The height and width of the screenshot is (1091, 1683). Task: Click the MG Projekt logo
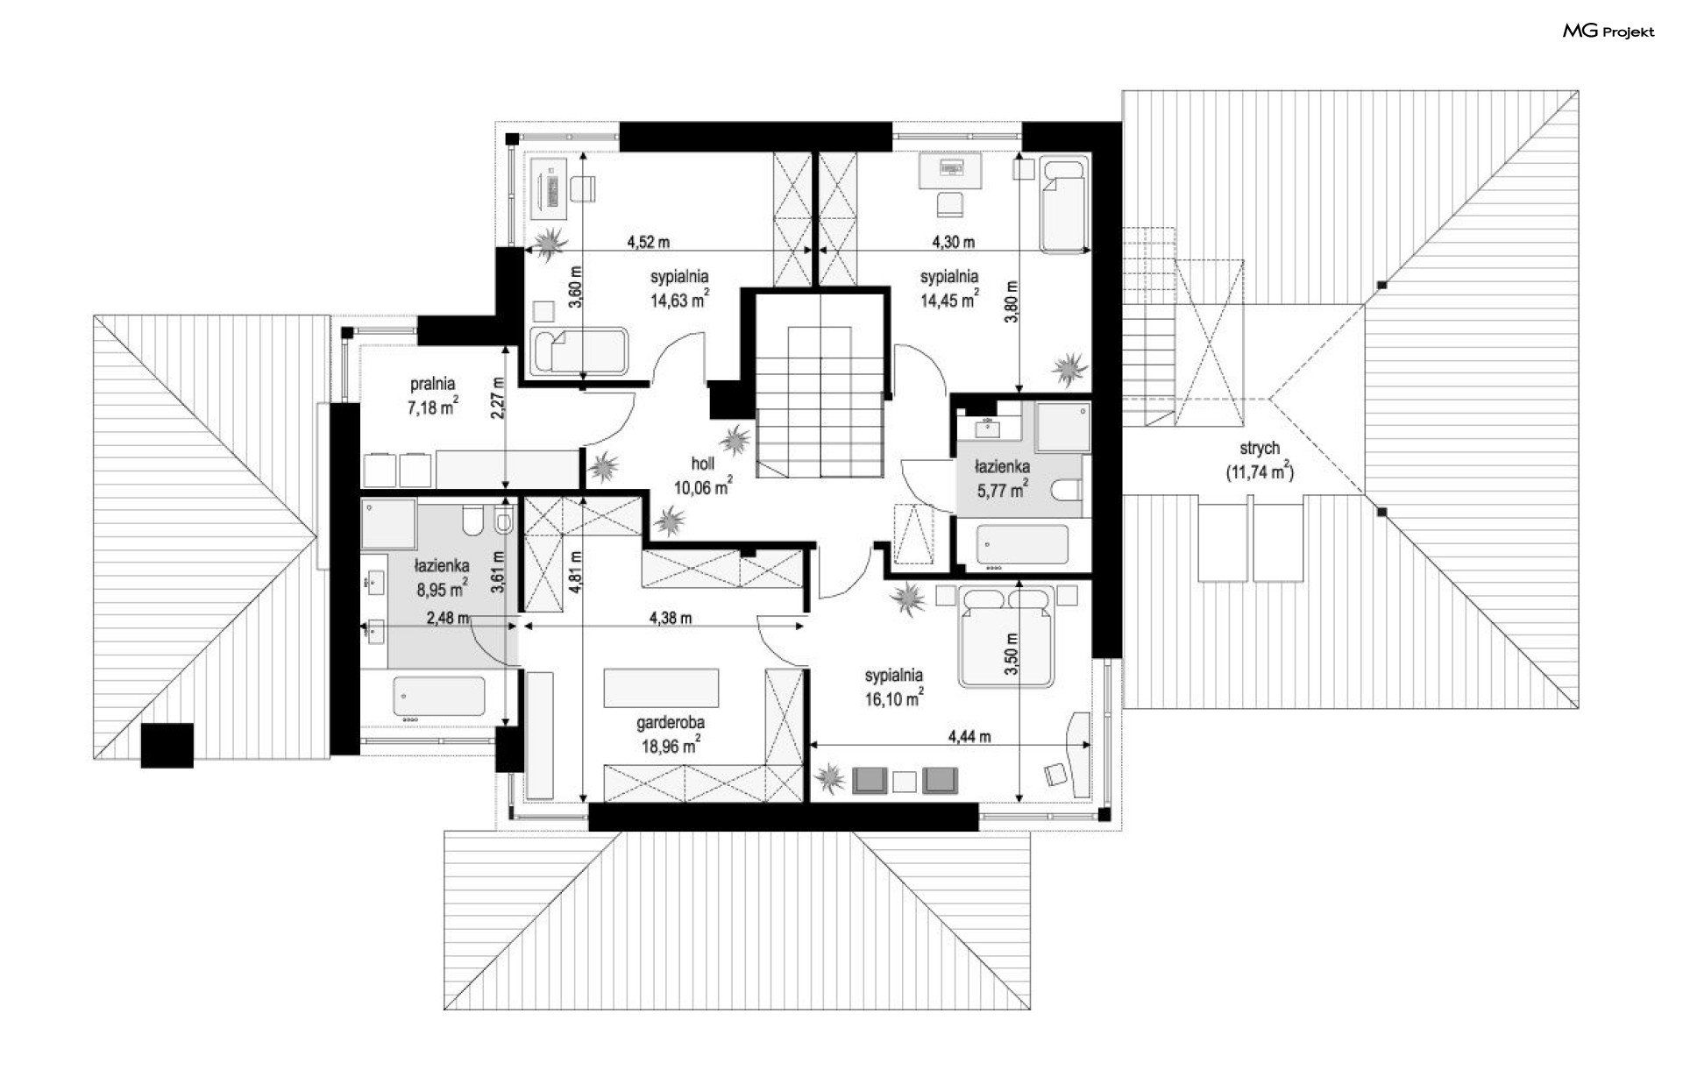coord(1608,32)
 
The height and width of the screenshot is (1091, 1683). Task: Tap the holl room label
coord(703,464)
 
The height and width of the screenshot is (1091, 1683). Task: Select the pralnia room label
coord(433,384)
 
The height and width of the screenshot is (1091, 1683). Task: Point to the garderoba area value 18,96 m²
coord(671,745)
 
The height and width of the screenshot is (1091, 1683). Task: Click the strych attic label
coord(1260,449)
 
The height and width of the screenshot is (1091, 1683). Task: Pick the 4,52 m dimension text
coord(649,242)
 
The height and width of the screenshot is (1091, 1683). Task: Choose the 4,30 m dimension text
coord(953,242)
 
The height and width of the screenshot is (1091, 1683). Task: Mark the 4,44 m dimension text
coord(969,737)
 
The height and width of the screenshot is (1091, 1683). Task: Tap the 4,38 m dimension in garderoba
coord(671,618)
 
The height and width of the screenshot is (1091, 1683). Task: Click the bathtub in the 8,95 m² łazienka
coord(438,696)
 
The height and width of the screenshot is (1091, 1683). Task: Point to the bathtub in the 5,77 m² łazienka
coord(1022,544)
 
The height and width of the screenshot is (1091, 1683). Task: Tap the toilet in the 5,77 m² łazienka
coord(1069,489)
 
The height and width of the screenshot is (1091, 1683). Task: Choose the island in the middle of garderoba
coord(661,687)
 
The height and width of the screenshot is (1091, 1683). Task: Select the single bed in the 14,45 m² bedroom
coord(1063,204)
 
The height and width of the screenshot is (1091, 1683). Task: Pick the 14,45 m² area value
coord(949,300)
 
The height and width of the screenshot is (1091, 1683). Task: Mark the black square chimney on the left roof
coord(167,745)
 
